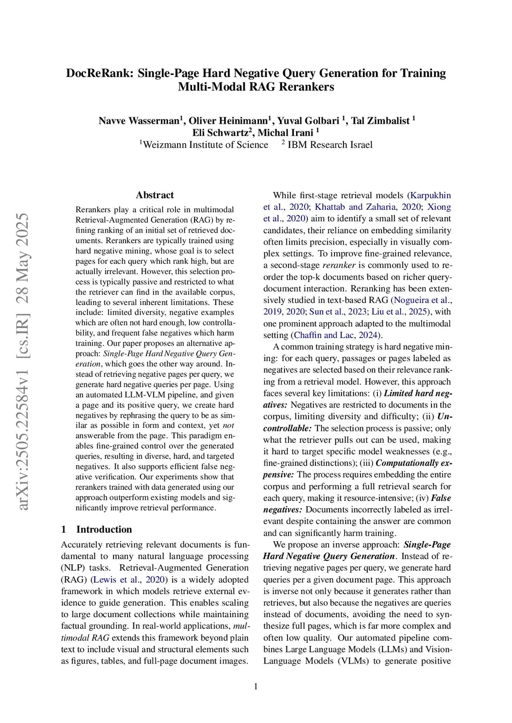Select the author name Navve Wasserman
[138, 121]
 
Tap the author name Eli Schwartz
[220, 133]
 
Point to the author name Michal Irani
[285, 133]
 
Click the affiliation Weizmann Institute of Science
[205, 145]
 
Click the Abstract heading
[155, 195]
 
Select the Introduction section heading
[104, 529]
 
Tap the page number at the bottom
[256, 687]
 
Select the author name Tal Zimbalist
[380, 121]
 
